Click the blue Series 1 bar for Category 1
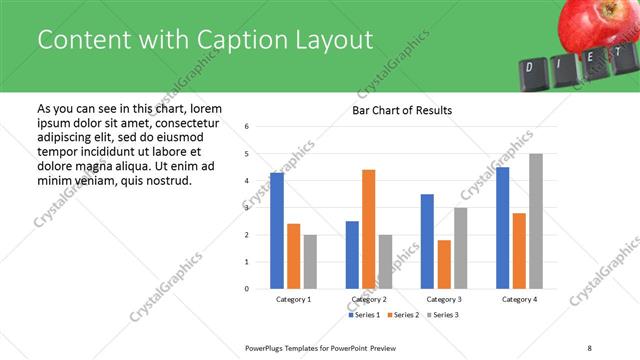click(x=277, y=231)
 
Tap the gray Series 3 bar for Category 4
click(x=536, y=221)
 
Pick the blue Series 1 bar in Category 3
click(x=427, y=241)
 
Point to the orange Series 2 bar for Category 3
click(x=444, y=264)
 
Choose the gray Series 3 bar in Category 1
click(x=310, y=262)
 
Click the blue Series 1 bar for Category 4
click(x=502, y=228)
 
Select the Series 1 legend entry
click(x=364, y=316)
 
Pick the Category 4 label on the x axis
click(x=519, y=300)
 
